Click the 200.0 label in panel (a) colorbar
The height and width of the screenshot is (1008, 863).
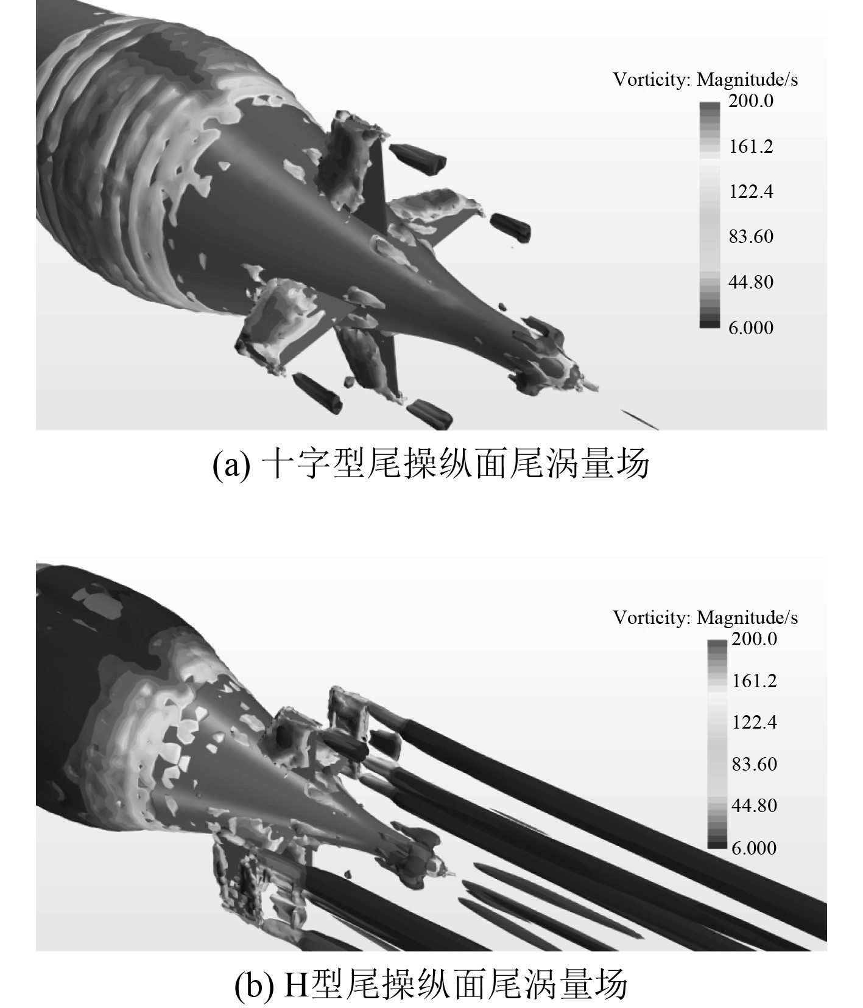click(751, 100)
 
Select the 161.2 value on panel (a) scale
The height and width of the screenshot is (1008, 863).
click(751, 146)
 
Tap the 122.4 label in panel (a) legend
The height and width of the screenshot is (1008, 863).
click(751, 191)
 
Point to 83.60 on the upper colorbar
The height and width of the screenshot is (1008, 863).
click(751, 236)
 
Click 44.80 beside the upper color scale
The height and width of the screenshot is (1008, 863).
click(751, 282)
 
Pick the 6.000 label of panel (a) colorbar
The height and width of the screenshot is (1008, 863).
click(751, 327)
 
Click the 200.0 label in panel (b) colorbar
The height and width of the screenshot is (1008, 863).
click(755, 639)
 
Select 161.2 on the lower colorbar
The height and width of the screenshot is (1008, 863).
click(755, 681)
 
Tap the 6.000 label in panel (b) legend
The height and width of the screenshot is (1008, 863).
click(755, 847)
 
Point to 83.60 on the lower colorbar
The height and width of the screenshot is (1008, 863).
click(755, 764)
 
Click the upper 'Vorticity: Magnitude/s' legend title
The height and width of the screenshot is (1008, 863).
click(705, 79)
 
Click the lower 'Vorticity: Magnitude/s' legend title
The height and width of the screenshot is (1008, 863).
click(705, 617)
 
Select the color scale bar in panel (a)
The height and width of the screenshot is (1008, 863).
click(710, 215)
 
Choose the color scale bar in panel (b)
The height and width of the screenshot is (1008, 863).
click(717, 744)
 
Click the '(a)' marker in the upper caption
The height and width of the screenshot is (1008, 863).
click(231, 466)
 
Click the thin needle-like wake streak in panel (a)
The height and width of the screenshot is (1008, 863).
click(639, 419)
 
